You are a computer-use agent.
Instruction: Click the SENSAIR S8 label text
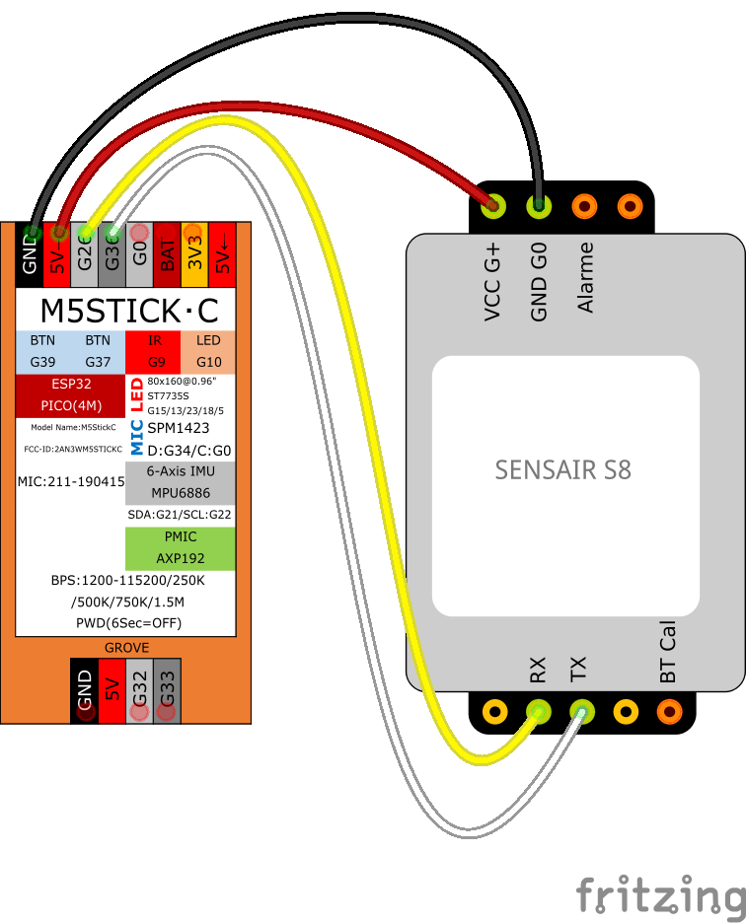point(562,469)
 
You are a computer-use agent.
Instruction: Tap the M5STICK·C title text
point(128,311)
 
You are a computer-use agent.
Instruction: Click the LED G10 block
point(208,351)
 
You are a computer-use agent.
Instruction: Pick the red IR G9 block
point(153,351)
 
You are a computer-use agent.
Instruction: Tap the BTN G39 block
point(43,351)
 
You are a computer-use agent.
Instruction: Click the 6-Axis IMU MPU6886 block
point(180,482)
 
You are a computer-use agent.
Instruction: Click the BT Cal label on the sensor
point(668,653)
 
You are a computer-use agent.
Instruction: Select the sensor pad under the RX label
point(538,710)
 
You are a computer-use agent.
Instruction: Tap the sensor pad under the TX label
point(582,710)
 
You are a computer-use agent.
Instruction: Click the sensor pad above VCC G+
point(492,206)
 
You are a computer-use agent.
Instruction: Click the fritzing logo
point(659,895)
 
